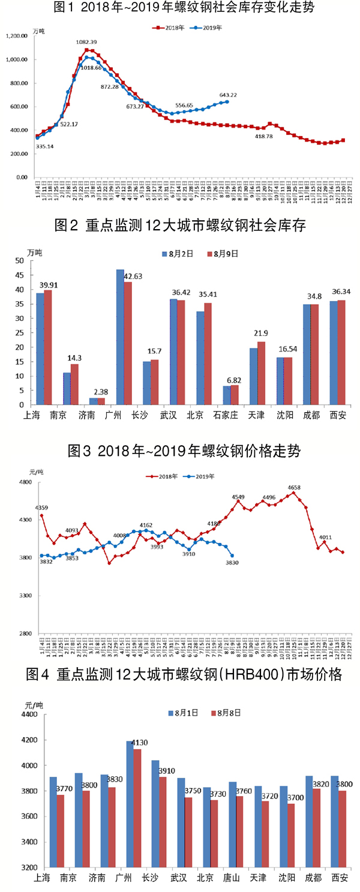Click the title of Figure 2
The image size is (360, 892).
pyautogui.click(x=180, y=226)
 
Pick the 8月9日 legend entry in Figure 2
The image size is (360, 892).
pyautogui.click(x=223, y=254)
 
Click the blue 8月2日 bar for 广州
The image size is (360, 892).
pyautogui.click(x=120, y=337)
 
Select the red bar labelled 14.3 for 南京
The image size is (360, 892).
pyautogui.click(x=74, y=384)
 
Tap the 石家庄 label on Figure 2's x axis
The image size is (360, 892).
pyautogui.click(x=226, y=415)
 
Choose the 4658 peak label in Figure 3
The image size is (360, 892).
pyautogui.click(x=294, y=488)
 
